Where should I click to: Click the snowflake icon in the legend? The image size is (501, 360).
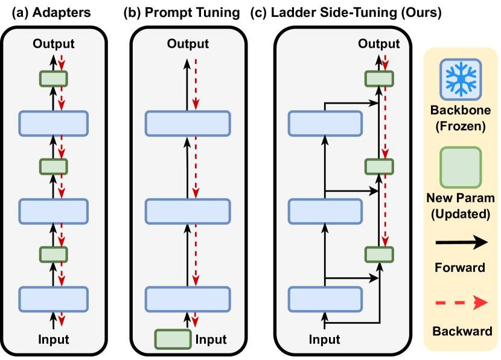(461, 79)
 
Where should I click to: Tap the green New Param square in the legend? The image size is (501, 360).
(461, 167)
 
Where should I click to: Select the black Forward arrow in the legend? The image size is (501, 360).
(462, 242)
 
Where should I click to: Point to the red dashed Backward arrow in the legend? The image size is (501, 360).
(462, 303)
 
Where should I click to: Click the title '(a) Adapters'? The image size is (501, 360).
(51, 13)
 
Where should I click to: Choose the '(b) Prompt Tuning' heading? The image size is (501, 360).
(182, 13)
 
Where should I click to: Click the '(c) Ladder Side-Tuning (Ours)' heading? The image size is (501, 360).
(346, 13)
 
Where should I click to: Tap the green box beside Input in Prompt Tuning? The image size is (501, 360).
(173, 339)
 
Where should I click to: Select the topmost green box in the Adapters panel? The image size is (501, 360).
(53, 78)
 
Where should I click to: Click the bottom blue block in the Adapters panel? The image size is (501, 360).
(53, 299)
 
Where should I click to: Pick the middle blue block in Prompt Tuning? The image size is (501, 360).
(188, 211)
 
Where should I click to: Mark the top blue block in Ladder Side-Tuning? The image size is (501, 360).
(325, 123)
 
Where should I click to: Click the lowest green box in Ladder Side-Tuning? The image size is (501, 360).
(379, 254)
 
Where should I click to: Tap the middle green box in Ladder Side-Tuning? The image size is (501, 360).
(379, 166)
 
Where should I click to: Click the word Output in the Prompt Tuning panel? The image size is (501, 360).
(188, 44)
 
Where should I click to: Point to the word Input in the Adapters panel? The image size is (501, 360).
(53, 339)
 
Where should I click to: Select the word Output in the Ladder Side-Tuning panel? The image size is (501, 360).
(378, 44)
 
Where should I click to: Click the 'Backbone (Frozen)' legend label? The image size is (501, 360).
(461, 118)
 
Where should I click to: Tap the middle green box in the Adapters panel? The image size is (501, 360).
(53, 166)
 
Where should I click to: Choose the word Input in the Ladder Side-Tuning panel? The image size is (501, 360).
(324, 339)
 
